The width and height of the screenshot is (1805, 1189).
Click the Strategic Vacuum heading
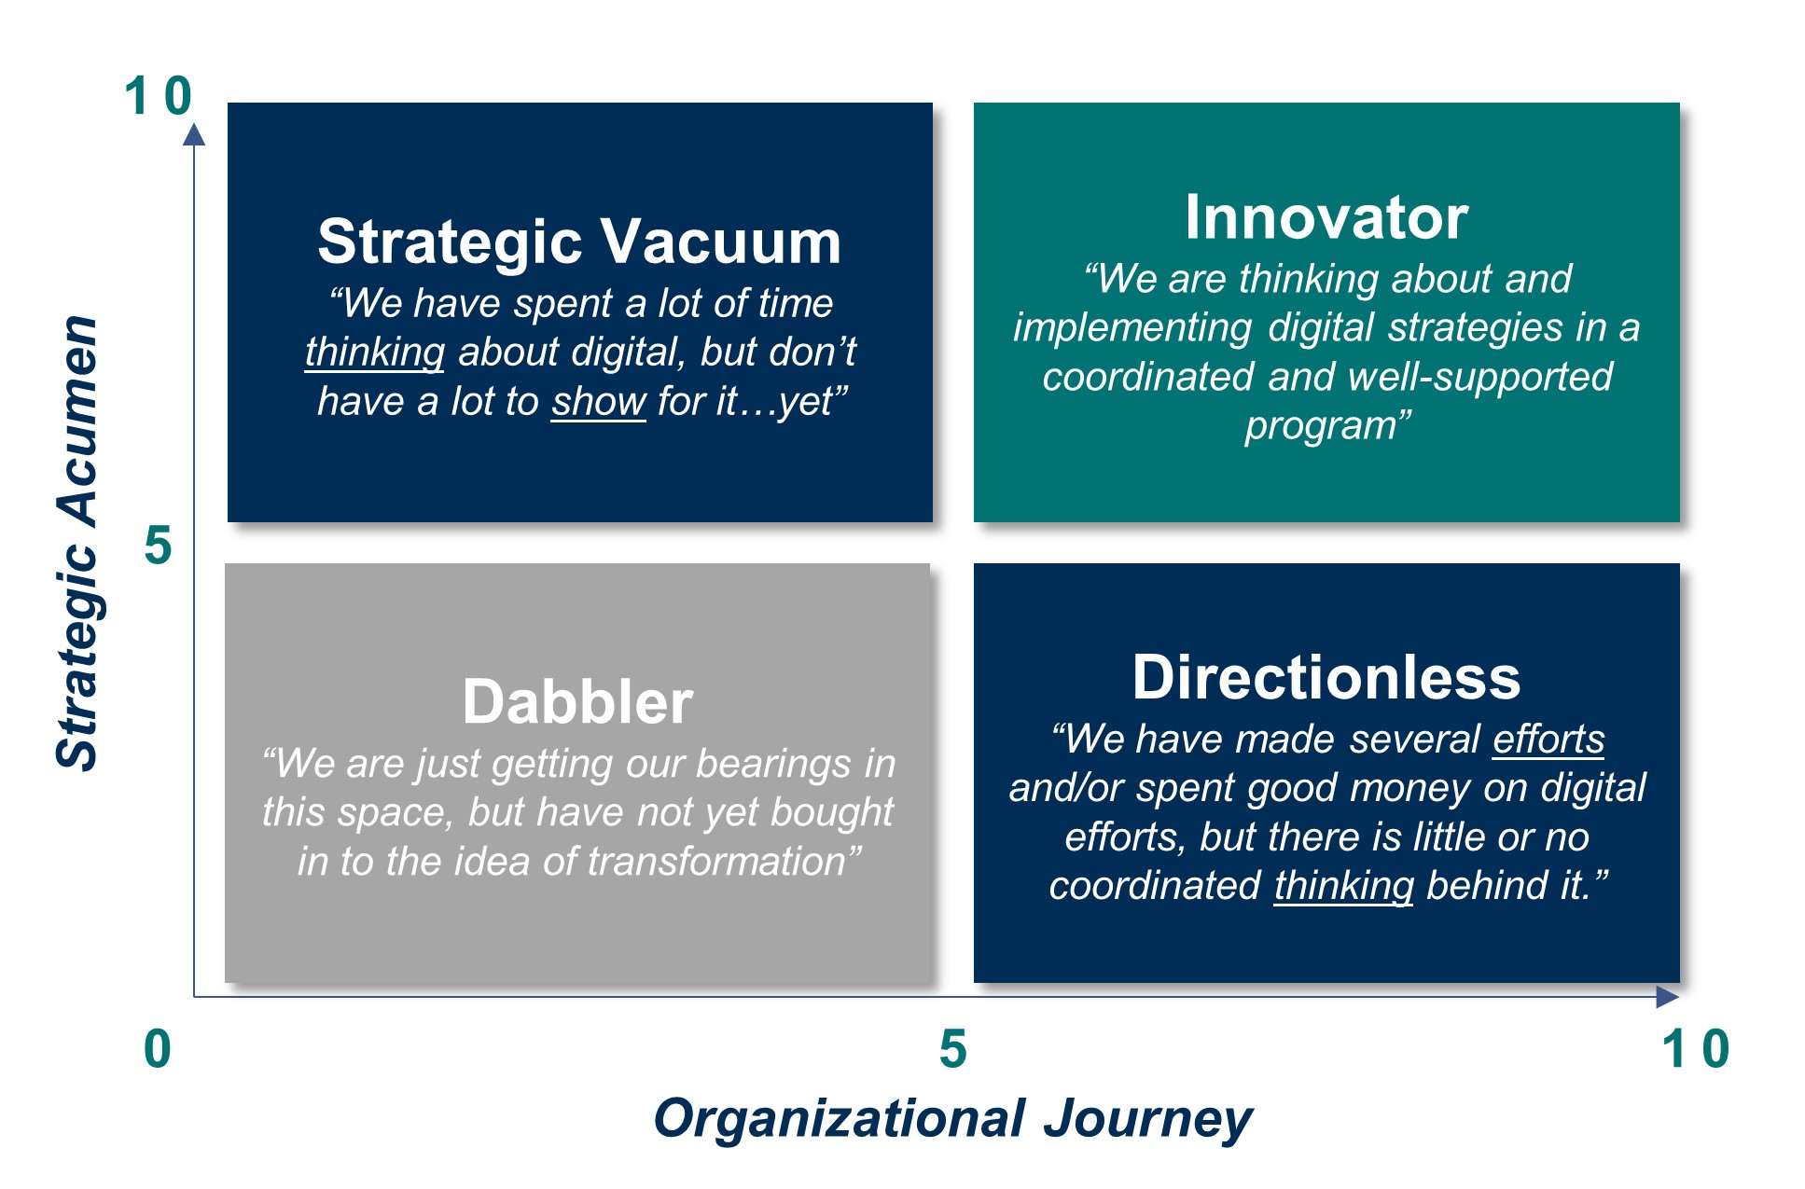tap(579, 242)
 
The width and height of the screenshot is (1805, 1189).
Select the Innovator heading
tap(1326, 217)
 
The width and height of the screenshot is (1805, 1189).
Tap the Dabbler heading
tap(577, 701)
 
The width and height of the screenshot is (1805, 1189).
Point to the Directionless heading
tap(1326, 677)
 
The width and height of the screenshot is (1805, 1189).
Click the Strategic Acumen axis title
tap(77, 543)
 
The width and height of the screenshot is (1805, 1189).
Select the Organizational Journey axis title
tap(952, 1119)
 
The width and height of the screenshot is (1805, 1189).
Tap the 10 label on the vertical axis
tap(158, 95)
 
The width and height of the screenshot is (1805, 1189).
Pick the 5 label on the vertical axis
tap(158, 546)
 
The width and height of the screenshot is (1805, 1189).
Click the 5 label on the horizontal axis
tap(952, 1048)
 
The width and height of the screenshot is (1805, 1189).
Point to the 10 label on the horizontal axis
tap(1696, 1048)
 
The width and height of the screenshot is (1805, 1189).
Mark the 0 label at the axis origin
tap(158, 1048)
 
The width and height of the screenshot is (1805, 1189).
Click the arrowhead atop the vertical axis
tap(194, 135)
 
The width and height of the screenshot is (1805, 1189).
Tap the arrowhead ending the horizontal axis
tap(1668, 997)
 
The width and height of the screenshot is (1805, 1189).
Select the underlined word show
tap(598, 402)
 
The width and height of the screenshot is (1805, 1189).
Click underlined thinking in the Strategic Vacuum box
tap(375, 353)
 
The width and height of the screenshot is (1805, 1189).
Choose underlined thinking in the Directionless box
tap(1344, 886)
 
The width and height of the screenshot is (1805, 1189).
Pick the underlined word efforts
tap(1548, 740)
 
